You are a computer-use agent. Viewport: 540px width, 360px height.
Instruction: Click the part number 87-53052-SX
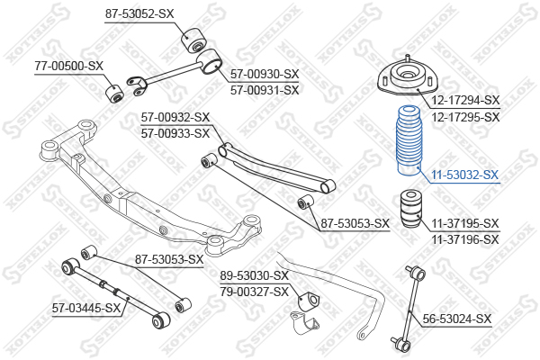tap(139, 13)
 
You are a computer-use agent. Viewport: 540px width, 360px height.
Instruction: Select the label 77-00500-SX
tap(69, 66)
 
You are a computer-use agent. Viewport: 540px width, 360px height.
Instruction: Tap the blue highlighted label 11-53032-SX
tap(465, 175)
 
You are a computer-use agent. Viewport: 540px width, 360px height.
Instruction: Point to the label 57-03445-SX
tap(86, 308)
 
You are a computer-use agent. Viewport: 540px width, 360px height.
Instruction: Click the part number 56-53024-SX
tap(457, 319)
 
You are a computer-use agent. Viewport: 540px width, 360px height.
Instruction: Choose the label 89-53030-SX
tap(255, 275)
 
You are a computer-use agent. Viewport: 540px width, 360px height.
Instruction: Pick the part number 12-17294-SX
tap(465, 100)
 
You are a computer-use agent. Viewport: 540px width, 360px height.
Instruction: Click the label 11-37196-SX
tap(465, 239)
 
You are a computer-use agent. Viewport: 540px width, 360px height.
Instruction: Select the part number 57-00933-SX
tap(175, 133)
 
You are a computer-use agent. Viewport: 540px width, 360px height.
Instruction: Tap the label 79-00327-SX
tap(255, 292)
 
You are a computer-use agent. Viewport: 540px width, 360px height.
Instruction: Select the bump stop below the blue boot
tap(410, 209)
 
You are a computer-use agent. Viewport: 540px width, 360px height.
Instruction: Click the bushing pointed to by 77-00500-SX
tap(114, 93)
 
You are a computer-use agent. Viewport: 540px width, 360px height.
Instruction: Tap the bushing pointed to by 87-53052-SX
tap(193, 40)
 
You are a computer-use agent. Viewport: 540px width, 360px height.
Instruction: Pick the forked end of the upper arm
tap(137, 86)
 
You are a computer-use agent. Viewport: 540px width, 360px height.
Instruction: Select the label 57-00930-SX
tap(265, 74)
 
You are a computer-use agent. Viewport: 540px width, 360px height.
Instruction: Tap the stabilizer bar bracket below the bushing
tap(305, 323)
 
